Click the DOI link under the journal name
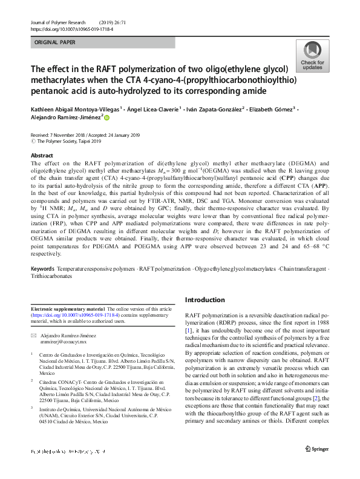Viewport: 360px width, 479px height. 73,28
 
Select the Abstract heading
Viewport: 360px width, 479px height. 42,156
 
